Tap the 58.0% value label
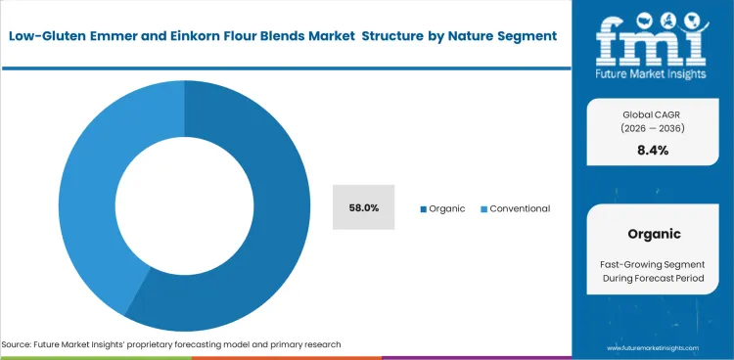coord(364,208)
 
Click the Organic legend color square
coord(424,209)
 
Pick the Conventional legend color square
coord(483,209)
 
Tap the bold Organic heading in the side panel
coord(654,234)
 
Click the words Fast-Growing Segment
coord(654,264)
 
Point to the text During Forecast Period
coord(654,280)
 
